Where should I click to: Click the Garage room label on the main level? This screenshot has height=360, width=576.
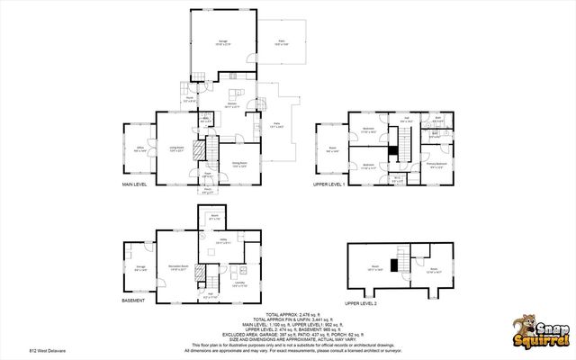click(221, 41)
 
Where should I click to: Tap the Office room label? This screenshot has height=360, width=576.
click(139, 150)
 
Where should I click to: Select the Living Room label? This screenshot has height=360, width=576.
click(176, 150)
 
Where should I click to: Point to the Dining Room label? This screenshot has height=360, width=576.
click(238, 164)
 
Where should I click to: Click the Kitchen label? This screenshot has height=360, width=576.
click(231, 105)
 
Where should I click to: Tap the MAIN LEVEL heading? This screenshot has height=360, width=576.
click(135, 184)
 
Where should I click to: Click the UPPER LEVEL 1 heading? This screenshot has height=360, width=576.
click(328, 184)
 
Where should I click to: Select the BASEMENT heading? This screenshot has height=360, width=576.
click(133, 300)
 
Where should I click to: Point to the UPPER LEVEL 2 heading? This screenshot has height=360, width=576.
click(360, 304)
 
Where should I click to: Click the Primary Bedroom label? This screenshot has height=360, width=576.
click(436, 165)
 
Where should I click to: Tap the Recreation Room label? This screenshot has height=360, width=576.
click(177, 266)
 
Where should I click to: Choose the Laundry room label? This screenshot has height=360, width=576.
click(238, 283)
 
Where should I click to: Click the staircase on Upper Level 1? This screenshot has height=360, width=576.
click(404, 144)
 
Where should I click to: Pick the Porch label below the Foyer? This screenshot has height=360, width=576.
click(207, 191)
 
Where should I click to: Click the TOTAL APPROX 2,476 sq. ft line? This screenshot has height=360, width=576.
click(286, 314)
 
